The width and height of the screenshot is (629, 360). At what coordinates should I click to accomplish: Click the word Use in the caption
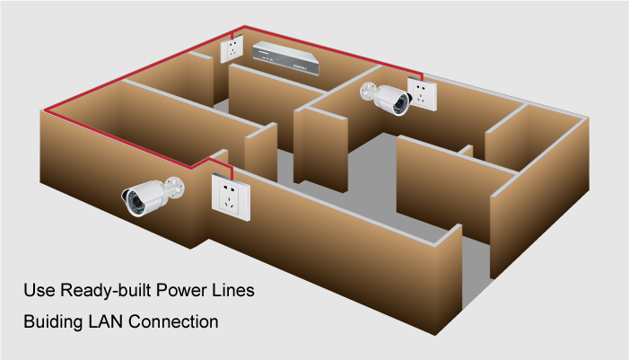tap(39, 292)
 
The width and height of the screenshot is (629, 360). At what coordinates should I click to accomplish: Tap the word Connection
tap(179, 320)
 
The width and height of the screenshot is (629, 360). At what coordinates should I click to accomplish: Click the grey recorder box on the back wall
tap(284, 58)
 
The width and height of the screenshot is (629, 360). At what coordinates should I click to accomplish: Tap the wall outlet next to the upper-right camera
tap(422, 94)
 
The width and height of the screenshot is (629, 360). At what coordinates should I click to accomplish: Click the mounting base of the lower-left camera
tap(175, 187)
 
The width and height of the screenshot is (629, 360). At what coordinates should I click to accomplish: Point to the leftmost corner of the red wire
tap(44, 111)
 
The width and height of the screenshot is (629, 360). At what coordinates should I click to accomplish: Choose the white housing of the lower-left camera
tap(148, 191)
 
